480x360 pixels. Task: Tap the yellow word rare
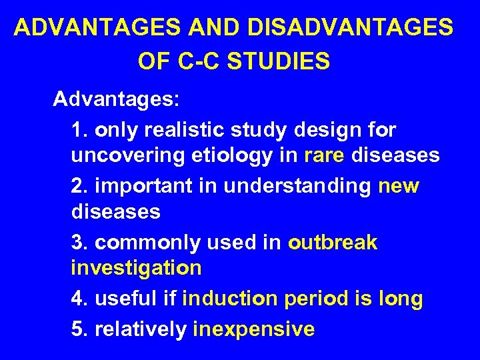click(x=325, y=155)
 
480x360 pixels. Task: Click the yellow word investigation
click(x=136, y=268)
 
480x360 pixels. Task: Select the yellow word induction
click(x=230, y=299)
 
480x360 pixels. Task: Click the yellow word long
click(x=399, y=299)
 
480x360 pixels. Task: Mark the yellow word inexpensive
click(x=253, y=329)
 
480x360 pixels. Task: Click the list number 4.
click(x=78, y=299)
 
